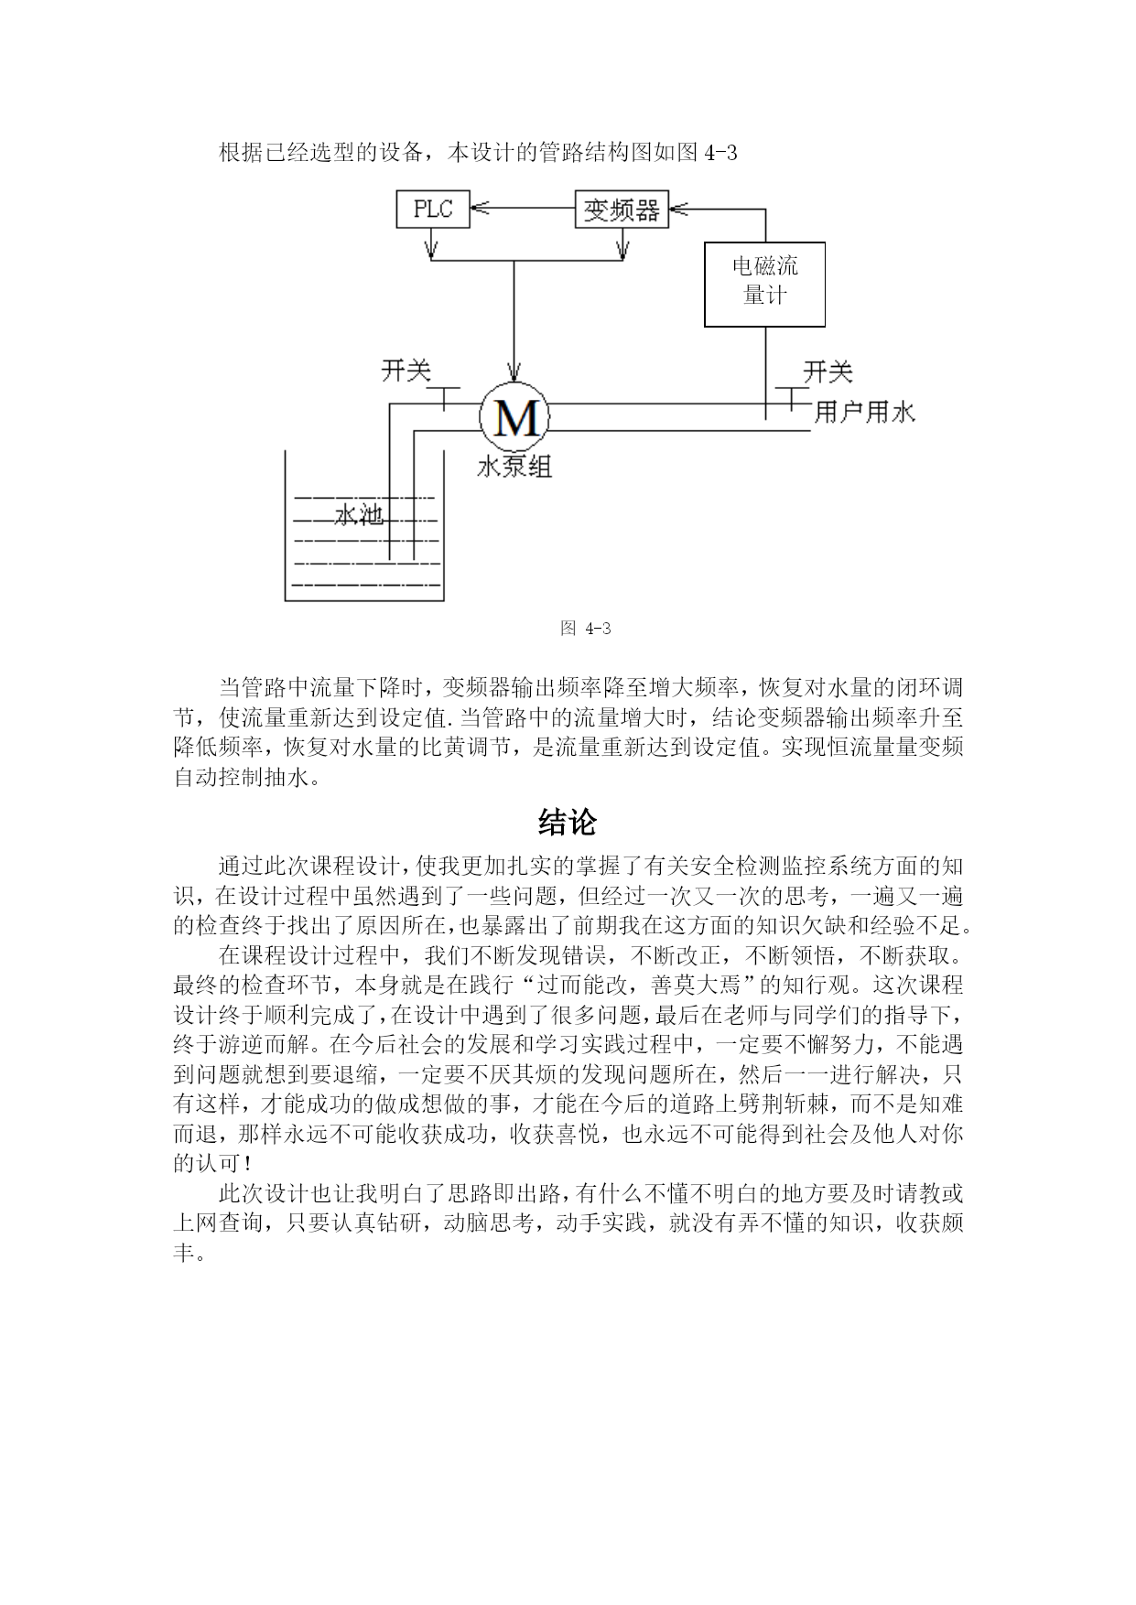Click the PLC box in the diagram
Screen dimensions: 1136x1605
[x=433, y=210]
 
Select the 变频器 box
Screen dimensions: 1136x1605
[x=622, y=210]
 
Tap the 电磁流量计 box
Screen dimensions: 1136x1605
[x=764, y=285]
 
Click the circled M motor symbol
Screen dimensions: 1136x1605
[x=515, y=417]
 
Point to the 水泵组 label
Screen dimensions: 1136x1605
[x=514, y=468]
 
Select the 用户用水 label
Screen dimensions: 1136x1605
[x=865, y=412]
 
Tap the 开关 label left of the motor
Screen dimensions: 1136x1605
[x=406, y=371]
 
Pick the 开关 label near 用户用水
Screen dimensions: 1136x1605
[x=828, y=372]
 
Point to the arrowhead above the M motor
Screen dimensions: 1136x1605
[x=514, y=373]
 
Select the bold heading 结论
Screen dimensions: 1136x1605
[x=568, y=822]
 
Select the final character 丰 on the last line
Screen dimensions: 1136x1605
[x=184, y=1252]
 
